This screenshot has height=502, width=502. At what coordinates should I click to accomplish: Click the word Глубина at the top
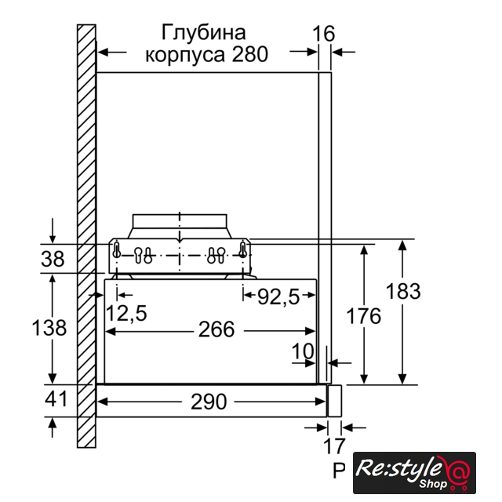coord(204,33)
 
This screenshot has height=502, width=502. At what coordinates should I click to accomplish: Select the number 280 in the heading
coord(249,54)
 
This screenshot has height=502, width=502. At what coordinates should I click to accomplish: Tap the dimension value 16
coord(324,34)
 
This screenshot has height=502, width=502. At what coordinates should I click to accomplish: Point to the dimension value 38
coord(53,259)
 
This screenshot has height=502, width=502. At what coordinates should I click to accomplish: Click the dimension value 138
coord(49,328)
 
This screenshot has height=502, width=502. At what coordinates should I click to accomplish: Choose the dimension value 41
coord(56,399)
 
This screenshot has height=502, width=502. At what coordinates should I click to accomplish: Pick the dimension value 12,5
coord(126,313)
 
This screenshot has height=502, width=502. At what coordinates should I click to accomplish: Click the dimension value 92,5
coord(278,296)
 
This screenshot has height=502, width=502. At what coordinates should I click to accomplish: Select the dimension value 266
coord(216,329)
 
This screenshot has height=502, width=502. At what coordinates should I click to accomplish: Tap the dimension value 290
coord(209,402)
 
